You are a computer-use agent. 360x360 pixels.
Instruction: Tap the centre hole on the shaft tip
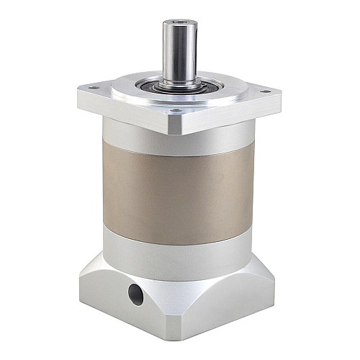point(177,24)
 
